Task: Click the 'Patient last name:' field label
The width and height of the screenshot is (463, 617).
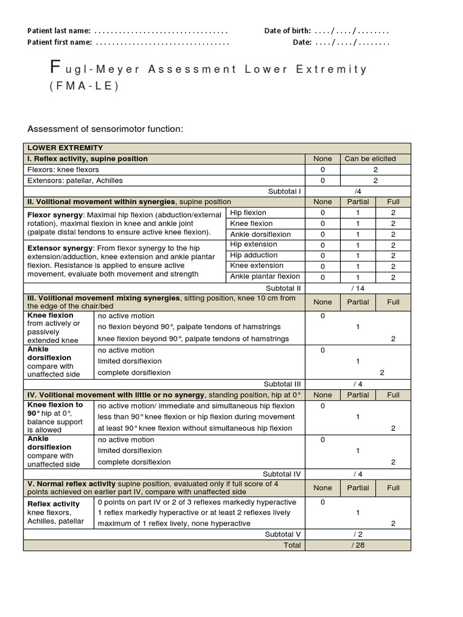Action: click(x=59, y=31)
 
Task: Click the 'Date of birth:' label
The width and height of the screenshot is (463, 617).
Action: click(x=288, y=31)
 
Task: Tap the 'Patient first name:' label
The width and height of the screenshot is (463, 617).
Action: click(x=60, y=42)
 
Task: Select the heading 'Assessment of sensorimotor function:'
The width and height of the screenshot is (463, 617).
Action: click(x=106, y=129)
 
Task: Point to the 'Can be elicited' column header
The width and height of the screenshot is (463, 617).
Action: click(x=370, y=158)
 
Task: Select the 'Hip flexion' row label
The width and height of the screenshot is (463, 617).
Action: click(x=248, y=213)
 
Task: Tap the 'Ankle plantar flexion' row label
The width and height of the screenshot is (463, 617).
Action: click(x=265, y=277)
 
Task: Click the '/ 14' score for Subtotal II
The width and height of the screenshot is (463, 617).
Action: click(x=358, y=288)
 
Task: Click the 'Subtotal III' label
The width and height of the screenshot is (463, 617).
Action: click(x=282, y=384)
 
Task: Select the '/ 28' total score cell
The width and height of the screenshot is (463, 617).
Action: click(x=358, y=545)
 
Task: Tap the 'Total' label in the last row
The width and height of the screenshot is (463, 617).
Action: click(x=292, y=545)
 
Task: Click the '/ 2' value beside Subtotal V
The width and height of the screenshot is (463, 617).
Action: click(x=358, y=534)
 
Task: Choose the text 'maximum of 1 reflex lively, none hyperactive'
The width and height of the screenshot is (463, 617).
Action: click(x=174, y=523)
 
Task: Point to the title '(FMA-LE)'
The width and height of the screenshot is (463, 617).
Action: click(x=84, y=86)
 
